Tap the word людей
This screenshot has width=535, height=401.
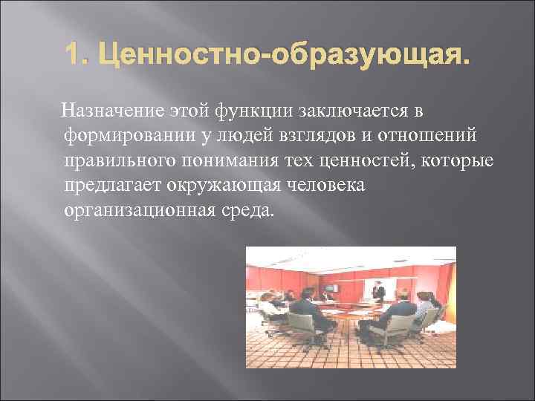[x=247, y=136]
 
